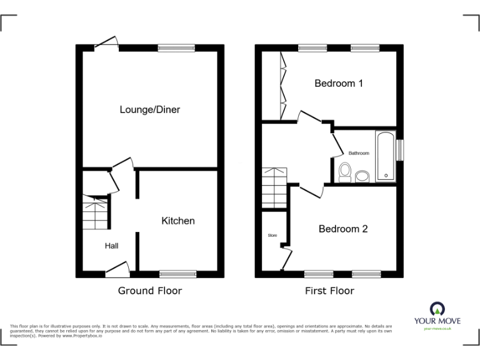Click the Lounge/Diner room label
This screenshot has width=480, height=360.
pyautogui.click(x=150, y=109)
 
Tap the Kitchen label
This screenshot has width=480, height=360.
pyautogui.click(x=178, y=221)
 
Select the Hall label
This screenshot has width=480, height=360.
pyautogui.click(x=111, y=246)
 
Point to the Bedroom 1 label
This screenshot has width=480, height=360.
pyautogui.click(x=338, y=83)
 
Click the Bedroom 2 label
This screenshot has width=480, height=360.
pyautogui.click(x=343, y=229)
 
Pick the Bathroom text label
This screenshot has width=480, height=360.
pyautogui.click(x=359, y=153)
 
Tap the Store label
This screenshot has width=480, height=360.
pyautogui.click(x=272, y=236)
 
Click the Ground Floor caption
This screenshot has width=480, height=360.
pyautogui.click(x=150, y=291)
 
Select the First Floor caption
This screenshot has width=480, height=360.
pyautogui.click(x=329, y=291)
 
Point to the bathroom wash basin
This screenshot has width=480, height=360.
pyautogui.click(x=362, y=177)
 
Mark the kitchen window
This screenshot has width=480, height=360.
pyautogui.click(x=178, y=273)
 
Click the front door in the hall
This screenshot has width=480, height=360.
pyautogui.click(x=117, y=270)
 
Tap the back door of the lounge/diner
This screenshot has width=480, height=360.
pyautogui.click(x=106, y=44)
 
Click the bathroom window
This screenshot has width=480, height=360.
pyautogui.click(x=400, y=150)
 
